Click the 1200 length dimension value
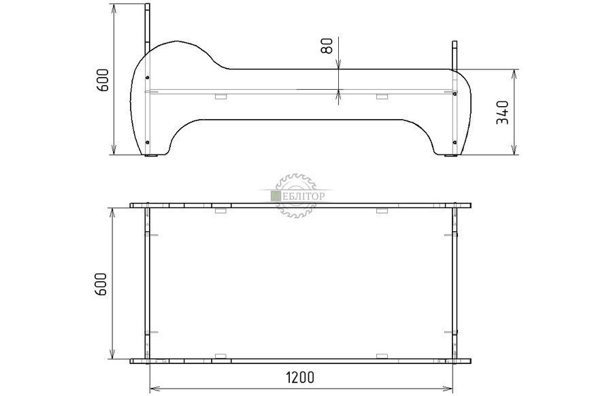point(301,377)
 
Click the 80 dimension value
point(327,46)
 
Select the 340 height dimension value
point(503,112)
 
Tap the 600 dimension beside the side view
point(102,80)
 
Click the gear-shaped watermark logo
point(295,195)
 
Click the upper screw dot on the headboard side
point(147,78)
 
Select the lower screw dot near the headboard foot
point(147,142)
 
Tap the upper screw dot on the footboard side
point(455,93)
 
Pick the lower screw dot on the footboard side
point(455,142)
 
